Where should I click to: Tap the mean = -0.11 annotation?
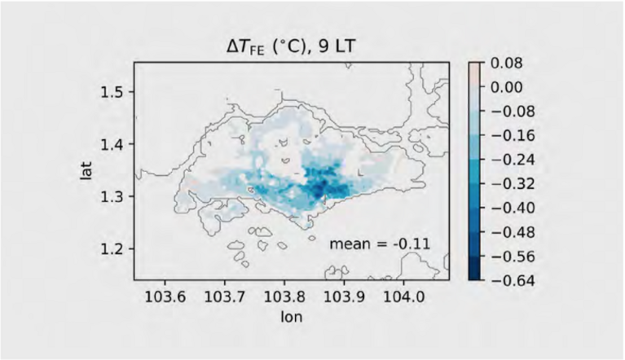(x=379, y=243)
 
